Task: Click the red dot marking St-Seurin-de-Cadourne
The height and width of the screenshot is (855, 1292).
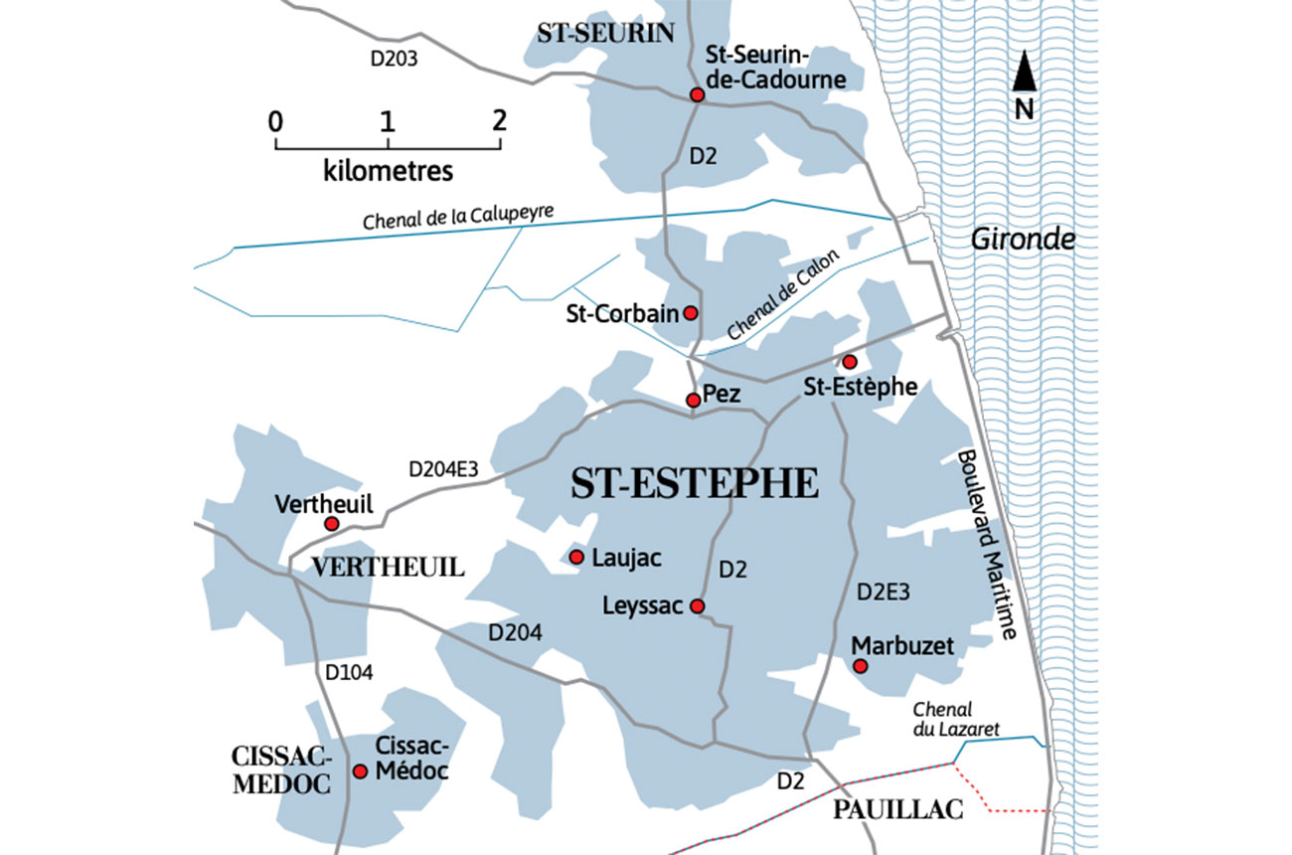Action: pos(698,94)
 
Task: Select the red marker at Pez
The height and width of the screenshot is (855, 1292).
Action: pos(694,400)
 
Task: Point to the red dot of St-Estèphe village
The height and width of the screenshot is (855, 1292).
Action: pos(850,362)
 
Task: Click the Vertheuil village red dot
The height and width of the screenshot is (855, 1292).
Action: pos(332,524)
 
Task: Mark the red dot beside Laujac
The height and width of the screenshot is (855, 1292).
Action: pos(575,557)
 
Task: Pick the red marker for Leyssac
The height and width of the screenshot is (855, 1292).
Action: pos(698,606)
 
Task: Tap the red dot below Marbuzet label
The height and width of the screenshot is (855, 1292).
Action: pos(861,665)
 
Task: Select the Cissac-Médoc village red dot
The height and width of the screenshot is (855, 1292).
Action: pos(360,771)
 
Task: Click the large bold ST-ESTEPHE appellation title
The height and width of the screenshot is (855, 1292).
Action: pos(695,484)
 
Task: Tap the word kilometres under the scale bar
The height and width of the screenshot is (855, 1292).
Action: pos(388,170)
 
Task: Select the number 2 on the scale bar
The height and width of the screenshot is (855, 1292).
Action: pos(499,120)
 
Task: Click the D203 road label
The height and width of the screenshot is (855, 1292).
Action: pos(394,59)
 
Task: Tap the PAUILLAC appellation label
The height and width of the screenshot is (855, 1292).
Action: pos(897,810)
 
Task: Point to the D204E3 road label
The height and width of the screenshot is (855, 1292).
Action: pos(443,469)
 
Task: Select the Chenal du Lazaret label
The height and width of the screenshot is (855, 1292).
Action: pos(955,719)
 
